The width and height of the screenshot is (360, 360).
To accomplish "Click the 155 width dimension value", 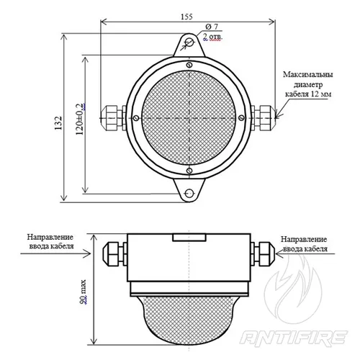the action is (x=186, y=17).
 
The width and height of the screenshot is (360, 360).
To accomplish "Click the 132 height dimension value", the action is (x=58, y=123).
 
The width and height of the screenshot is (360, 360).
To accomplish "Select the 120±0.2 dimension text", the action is (x=80, y=119).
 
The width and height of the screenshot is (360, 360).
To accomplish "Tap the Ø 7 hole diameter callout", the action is (x=212, y=27).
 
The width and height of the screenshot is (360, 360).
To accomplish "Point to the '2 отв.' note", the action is (x=212, y=37).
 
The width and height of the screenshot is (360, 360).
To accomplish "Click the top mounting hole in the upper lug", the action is (x=189, y=42).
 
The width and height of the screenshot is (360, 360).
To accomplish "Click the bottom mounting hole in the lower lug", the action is (x=189, y=193).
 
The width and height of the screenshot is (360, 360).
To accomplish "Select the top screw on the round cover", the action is (x=189, y=65).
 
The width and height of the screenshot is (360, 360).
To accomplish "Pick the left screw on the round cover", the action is (x=136, y=118).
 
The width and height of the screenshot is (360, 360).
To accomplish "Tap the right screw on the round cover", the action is (x=242, y=117).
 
